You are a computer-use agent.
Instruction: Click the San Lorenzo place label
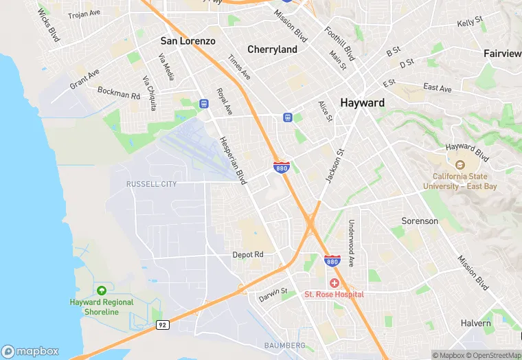tap(188, 41)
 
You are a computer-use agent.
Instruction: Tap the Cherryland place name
tap(272, 49)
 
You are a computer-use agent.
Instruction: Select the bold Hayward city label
tap(362, 102)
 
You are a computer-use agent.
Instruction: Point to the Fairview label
tap(502, 54)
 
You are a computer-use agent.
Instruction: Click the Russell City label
tap(151, 184)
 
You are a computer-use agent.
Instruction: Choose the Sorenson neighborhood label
tap(420, 221)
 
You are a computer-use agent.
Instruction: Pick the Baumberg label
tap(284, 344)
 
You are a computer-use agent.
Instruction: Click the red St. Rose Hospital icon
tap(334, 283)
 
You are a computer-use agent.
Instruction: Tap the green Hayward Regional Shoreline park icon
tap(102, 291)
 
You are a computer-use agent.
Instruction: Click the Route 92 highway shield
tap(162, 325)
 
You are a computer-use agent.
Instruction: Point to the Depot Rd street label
tap(248, 254)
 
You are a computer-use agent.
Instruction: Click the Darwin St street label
tap(273, 296)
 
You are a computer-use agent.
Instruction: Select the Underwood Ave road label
tap(350, 243)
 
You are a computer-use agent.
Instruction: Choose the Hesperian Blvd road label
tap(232, 160)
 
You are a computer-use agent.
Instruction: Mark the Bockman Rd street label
tap(119, 93)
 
